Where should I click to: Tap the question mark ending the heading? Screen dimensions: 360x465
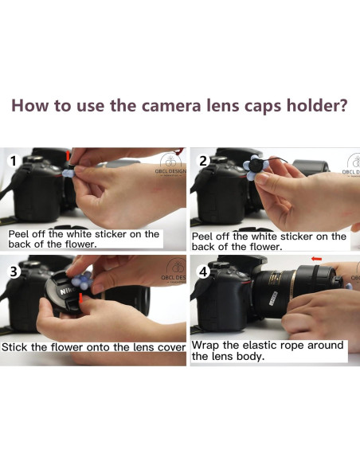click(x=343, y=105)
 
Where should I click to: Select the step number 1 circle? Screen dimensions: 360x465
click(x=13, y=162)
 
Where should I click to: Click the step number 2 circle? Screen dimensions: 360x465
click(x=203, y=162)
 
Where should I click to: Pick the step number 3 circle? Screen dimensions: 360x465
click(x=14, y=272)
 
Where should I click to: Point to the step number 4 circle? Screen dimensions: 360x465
click(x=203, y=272)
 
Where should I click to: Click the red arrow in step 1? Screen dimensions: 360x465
click(x=68, y=156)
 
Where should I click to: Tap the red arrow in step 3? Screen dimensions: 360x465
click(x=81, y=299)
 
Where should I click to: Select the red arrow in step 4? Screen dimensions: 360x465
click(x=316, y=260)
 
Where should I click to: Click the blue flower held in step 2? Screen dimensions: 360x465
click(x=255, y=167)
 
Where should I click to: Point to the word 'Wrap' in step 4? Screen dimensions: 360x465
click(x=205, y=346)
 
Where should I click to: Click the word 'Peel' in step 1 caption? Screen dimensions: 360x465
click(x=18, y=234)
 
